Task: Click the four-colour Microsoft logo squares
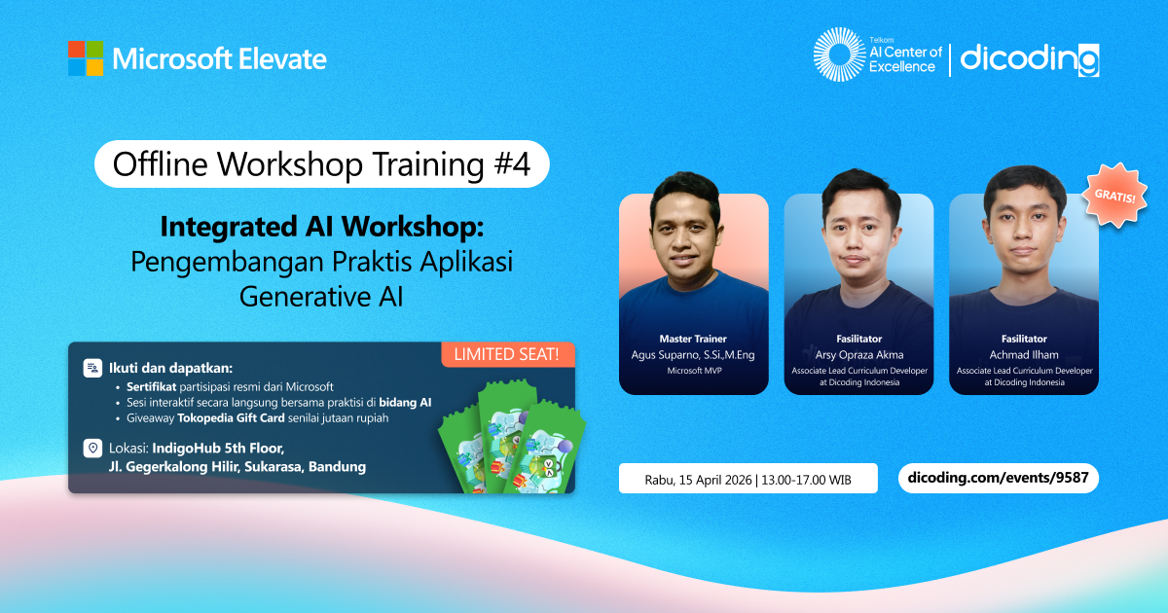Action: point(86,58)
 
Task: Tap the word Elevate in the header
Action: point(282,59)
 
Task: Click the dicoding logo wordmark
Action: point(1030,59)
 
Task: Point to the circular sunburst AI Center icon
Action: point(839,54)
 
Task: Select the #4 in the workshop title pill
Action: point(512,164)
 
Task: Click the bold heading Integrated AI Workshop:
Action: point(322,227)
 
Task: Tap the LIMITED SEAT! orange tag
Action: point(508,354)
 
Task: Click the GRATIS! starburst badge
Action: point(1114,196)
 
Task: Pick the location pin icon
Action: point(92,448)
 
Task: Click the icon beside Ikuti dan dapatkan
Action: point(92,368)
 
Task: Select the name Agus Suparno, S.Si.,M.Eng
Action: point(693,355)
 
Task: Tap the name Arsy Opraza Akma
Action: point(859,355)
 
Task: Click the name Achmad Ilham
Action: point(1024,355)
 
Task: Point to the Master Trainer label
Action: point(693,339)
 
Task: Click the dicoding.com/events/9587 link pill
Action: point(998,478)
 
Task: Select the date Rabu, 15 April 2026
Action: point(698,480)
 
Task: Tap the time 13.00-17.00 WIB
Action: point(806,480)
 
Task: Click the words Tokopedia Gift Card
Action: point(231,418)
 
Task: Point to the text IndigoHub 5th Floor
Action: point(218,449)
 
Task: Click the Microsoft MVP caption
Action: point(694,371)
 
